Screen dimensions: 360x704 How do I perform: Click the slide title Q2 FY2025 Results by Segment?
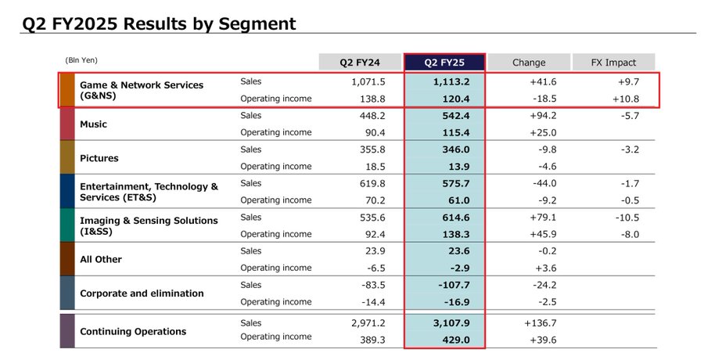159,23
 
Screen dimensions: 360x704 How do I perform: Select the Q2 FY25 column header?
444,63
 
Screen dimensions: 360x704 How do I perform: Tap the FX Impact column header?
614,63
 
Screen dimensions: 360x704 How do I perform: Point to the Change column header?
529,63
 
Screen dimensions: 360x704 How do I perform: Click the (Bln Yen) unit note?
81,60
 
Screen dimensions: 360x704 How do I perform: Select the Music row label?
93,124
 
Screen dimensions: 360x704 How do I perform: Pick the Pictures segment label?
99,158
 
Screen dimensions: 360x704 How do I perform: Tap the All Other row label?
101,259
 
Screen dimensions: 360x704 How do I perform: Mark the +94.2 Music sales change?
541,116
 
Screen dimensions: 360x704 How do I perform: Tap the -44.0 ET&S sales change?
542,183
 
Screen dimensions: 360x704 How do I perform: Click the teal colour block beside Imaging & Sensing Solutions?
67,225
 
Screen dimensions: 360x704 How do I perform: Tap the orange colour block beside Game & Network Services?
67,91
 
